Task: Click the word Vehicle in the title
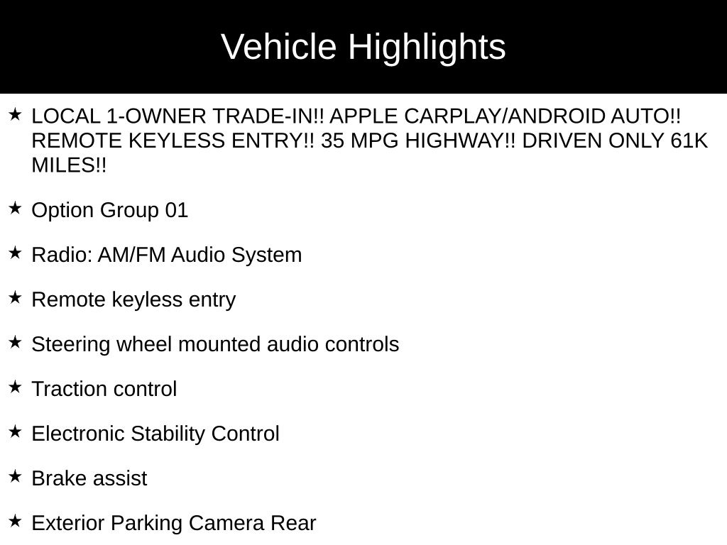pyautogui.click(x=278, y=47)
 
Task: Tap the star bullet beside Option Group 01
pyautogui.click(x=16, y=208)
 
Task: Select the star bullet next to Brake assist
pyautogui.click(x=16, y=476)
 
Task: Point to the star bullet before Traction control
pyautogui.click(x=16, y=387)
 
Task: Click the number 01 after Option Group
pyautogui.click(x=177, y=210)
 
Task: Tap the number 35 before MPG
pyautogui.click(x=332, y=141)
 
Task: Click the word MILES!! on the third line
pyautogui.click(x=69, y=165)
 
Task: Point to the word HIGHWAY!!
pyautogui.click(x=460, y=141)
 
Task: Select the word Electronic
pyautogui.click(x=78, y=434)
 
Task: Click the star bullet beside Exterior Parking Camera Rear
pyautogui.click(x=16, y=521)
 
